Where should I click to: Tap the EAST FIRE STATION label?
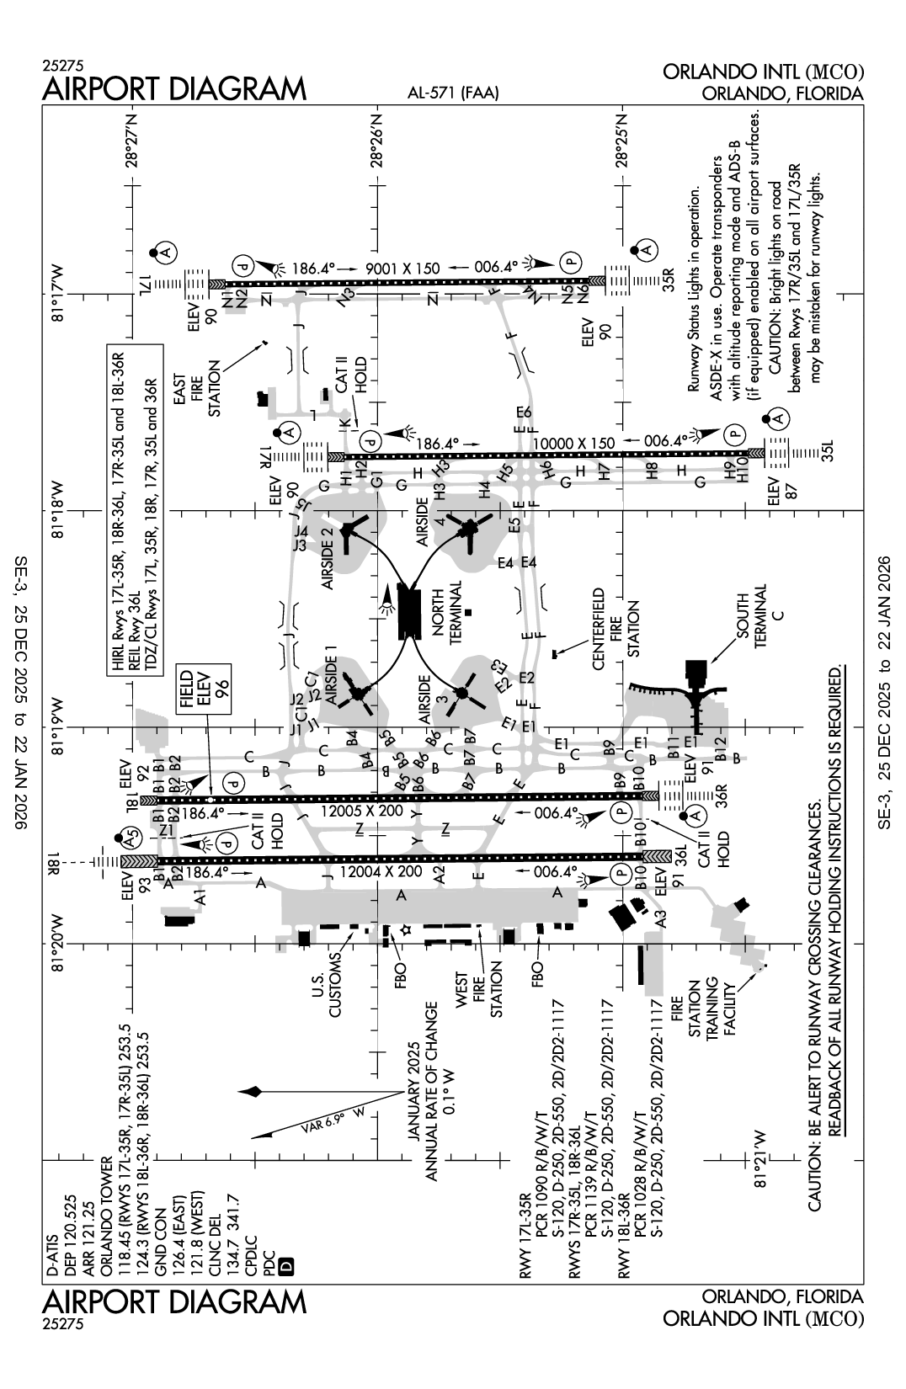point(202,389)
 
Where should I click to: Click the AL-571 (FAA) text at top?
point(452,94)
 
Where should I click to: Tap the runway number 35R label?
point(670,279)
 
